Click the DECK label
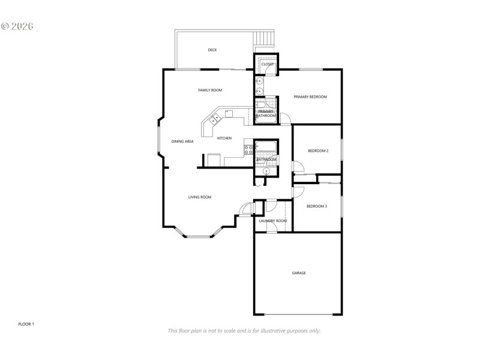pyautogui.click(x=212, y=50)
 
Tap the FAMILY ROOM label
pyautogui.click(x=210, y=90)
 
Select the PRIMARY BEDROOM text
pyautogui.click(x=310, y=97)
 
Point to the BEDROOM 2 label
pyautogui.click(x=318, y=151)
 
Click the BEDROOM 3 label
pyautogui.click(x=317, y=206)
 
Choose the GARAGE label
pyautogui.click(x=299, y=273)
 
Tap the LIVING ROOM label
pyautogui.click(x=200, y=197)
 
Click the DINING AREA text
pyautogui.click(x=182, y=142)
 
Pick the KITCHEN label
pyautogui.click(x=224, y=139)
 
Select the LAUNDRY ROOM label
pyautogui.click(x=273, y=221)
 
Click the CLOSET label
pyautogui.click(x=268, y=64)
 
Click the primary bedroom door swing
pyautogui.click(x=286, y=118)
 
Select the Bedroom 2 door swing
pyautogui.click(x=296, y=167)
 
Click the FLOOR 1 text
pyautogui.click(x=26, y=324)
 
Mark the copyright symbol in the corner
pyautogui.click(x=5, y=26)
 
